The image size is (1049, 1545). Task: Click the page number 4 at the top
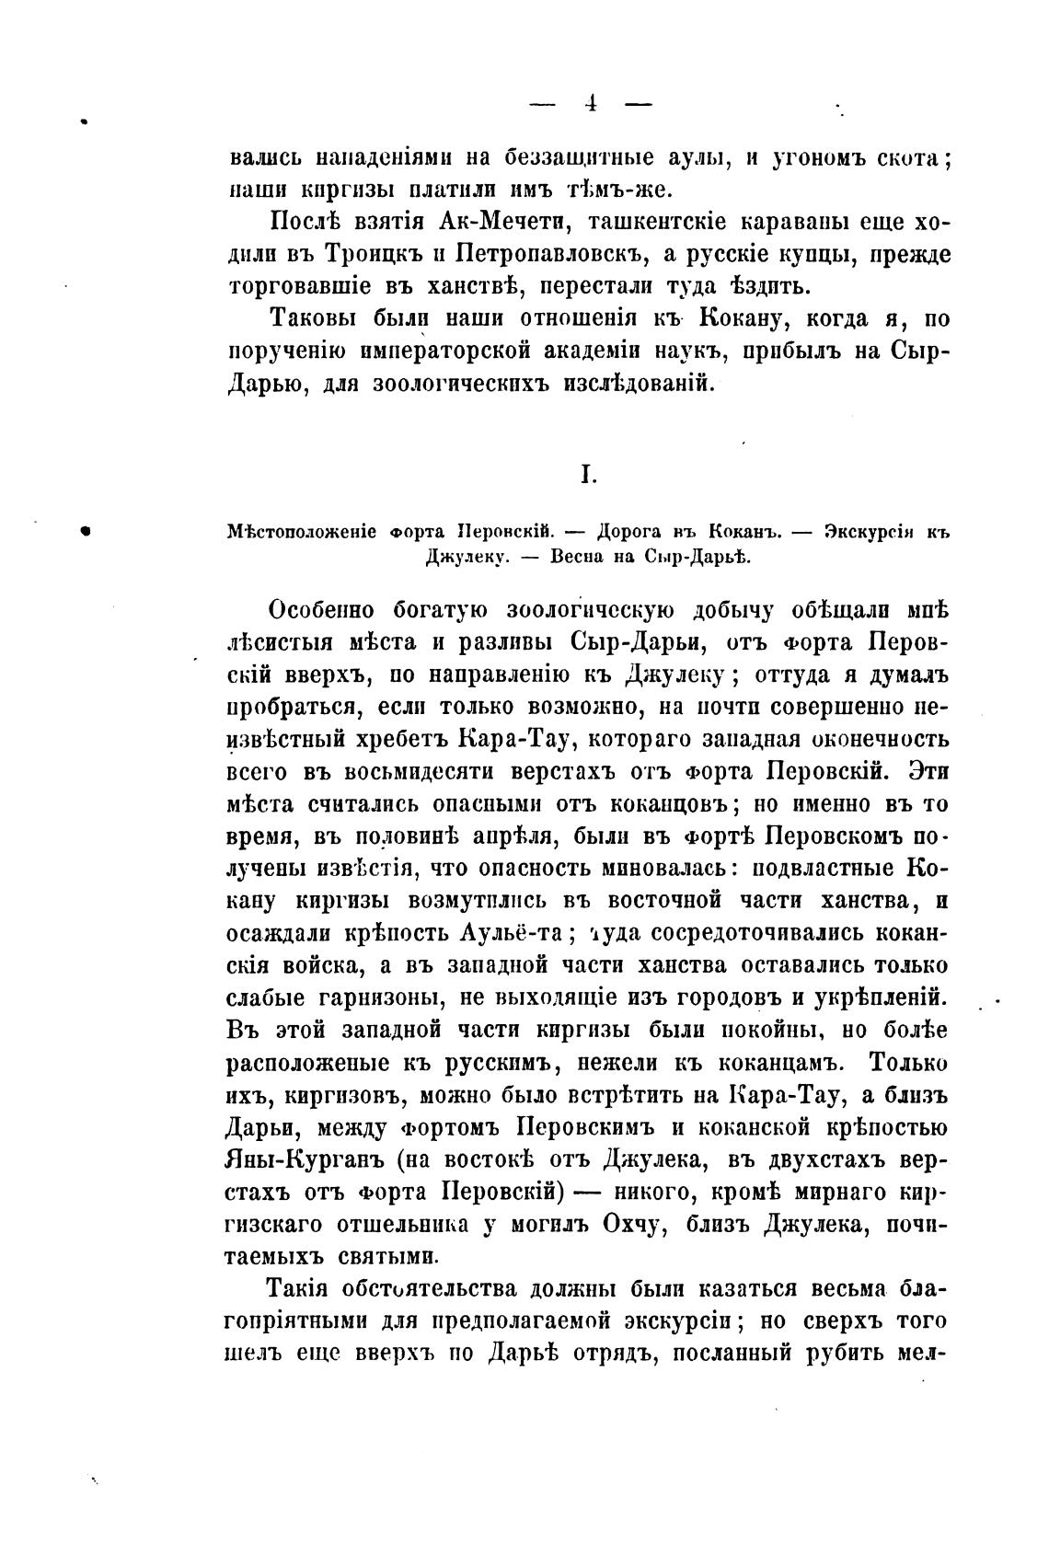click(590, 103)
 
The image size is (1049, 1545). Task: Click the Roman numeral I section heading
click(589, 475)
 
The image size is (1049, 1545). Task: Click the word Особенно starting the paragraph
click(322, 610)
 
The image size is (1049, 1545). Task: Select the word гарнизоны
click(388, 997)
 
